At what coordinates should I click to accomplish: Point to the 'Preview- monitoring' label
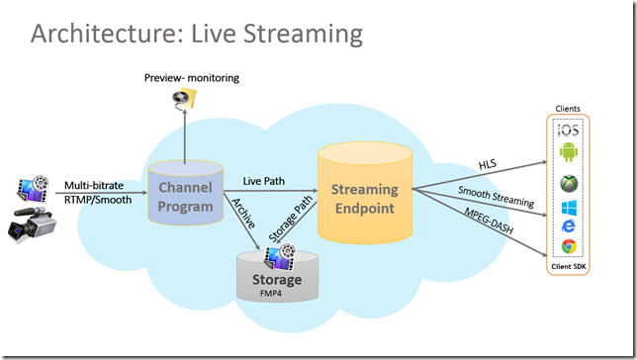tap(192, 77)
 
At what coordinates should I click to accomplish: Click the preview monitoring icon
tap(184, 98)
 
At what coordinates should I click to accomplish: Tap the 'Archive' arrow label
tap(245, 212)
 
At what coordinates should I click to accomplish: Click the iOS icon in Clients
tap(569, 130)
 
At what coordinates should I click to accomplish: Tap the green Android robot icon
tap(569, 153)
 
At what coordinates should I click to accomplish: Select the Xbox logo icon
tap(569, 183)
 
